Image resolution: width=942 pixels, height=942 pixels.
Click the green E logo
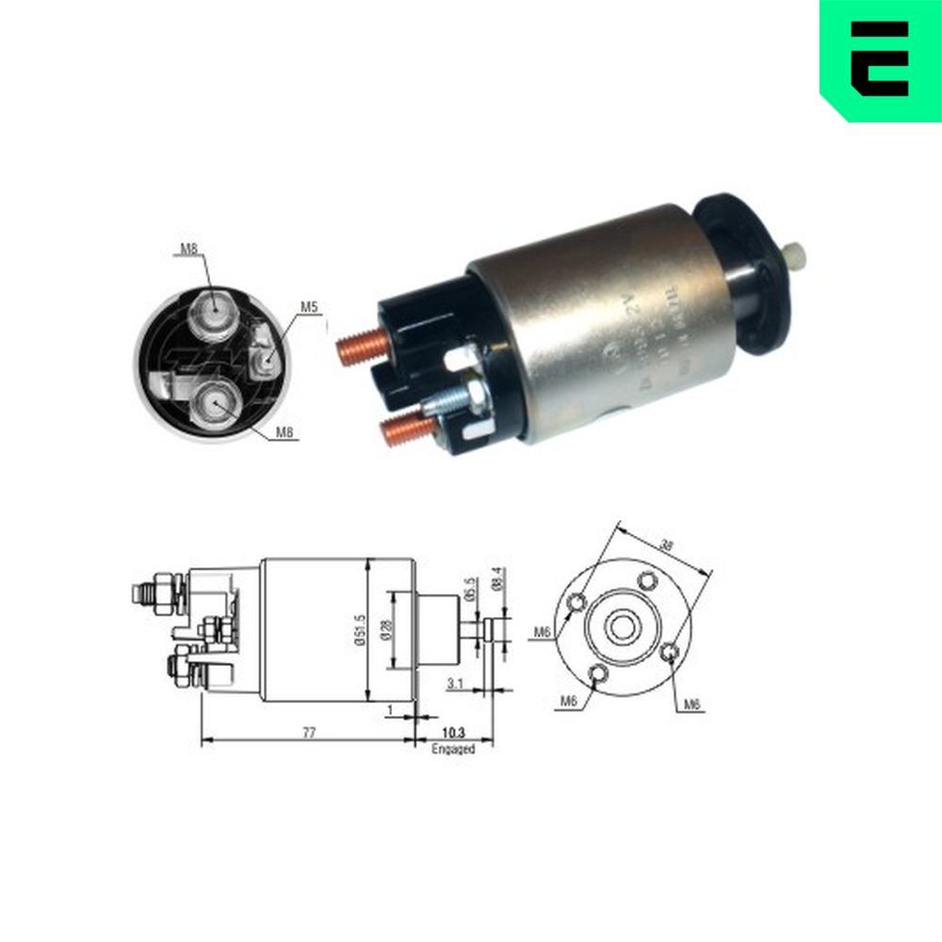[x=878, y=58]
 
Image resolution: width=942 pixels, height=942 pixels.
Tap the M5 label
[x=309, y=306]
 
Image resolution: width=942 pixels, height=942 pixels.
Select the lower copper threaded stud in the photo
[x=401, y=430]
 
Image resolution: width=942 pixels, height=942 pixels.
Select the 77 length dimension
[x=309, y=731]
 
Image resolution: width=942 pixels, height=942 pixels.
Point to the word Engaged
[x=453, y=750]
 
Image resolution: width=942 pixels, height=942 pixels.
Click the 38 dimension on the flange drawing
[x=666, y=544]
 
